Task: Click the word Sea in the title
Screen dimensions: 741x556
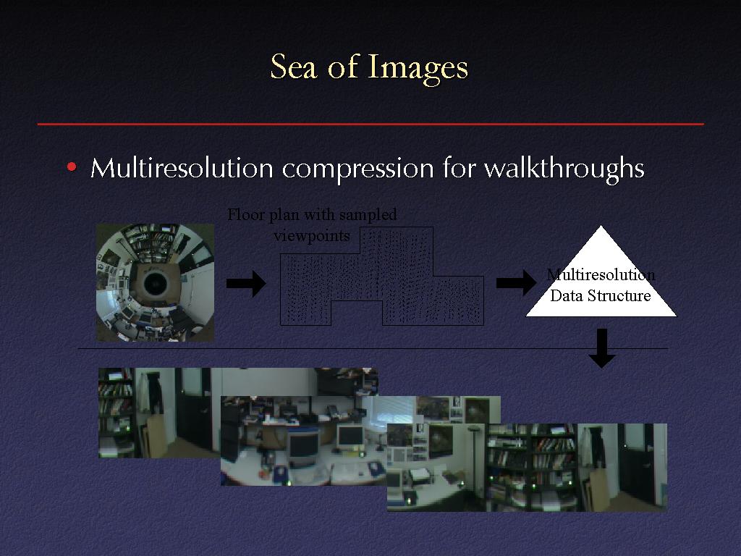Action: pyautogui.click(x=293, y=67)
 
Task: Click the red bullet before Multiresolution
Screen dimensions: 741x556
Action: pyautogui.click(x=72, y=167)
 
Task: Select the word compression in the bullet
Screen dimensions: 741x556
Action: pyautogui.click(x=357, y=169)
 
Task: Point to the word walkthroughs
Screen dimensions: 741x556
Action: pyautogui.click(x=564, y=169)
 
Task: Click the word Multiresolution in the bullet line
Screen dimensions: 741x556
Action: pyautogui.click(x=182, y=167)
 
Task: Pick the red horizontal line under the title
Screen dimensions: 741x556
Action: pyautogui.click(x=370, y=124)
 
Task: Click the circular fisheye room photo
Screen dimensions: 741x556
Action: pyautogui.click(x=155, y=283)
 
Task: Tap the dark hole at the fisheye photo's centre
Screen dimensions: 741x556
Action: pyautogui.click(x=156, y=284)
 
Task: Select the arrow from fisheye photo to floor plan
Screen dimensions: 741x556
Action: pyautogui.click(x=246, y=283)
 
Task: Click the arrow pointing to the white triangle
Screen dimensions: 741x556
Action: pyautogui.click(x=516, y=282)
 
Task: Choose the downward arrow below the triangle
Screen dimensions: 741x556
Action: pyautogui.click(x=601, y=348)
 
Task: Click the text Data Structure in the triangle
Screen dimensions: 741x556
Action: pyautogui.click(x=600, y=296)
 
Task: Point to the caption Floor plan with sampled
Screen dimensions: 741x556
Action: pyautogui.click(x=312, y=214)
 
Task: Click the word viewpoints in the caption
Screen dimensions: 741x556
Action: pyautogui.click(x=312, y=235)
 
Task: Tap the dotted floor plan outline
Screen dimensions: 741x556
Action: pyautogui.click(x=382, y=277)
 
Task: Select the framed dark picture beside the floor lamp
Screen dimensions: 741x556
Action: pyautogui.click(x=441, y=441)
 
